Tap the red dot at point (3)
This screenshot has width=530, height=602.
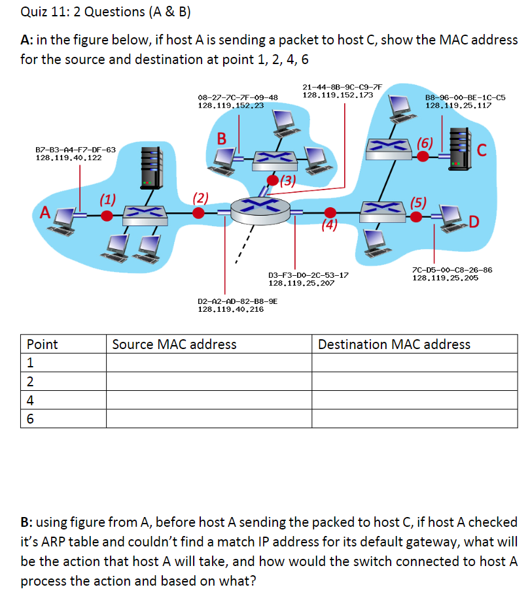(x=272, y=178)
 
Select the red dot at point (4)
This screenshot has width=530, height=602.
(x=330, y=212)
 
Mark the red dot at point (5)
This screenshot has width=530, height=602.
(x=416, y=215)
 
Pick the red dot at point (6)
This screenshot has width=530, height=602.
(x=423, y=156)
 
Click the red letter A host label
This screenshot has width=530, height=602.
(x=45, y=212)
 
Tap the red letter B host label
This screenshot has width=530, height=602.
(x=222, y=139)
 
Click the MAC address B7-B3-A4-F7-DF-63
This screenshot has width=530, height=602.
(x=75, y=150)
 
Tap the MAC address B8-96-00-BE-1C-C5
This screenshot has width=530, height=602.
(x=465, y=97)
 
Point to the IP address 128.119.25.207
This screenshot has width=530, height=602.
(x=302, y=283)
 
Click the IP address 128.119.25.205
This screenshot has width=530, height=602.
(x=445, y=278)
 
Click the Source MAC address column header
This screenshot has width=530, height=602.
(x=175, y=344)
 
